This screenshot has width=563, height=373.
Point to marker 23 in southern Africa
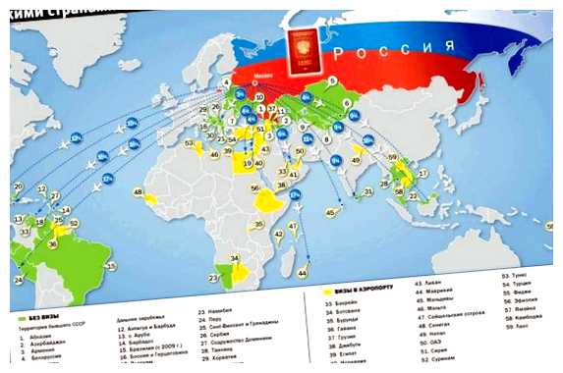click(x=213, y=278)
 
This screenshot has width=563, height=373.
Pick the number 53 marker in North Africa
click(x=190, y=144)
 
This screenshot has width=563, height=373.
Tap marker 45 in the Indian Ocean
click(x=331, y=211)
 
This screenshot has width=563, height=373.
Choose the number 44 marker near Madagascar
click(x=303, y=271)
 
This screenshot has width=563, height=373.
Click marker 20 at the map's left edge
click(x=17, y=186)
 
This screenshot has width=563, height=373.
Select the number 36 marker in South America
click(x=52, y=244)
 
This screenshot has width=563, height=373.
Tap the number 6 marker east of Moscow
click(x=333, y=80)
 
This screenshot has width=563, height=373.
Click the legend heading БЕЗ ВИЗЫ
click(x=39, y=317)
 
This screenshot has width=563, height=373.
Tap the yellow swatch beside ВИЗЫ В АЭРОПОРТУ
click(x=328, y=293)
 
